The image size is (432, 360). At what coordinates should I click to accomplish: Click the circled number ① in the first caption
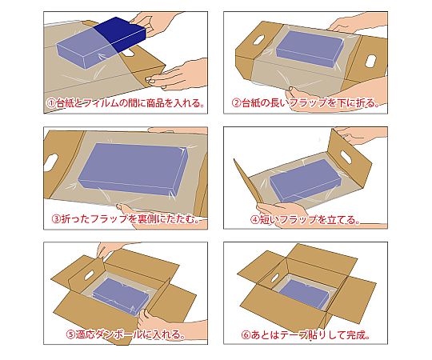coord(51,103)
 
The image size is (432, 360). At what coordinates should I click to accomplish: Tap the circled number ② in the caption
coord(237,103)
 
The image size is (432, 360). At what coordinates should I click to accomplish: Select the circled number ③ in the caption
coord(56,218)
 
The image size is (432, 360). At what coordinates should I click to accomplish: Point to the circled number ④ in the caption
coord(255,219)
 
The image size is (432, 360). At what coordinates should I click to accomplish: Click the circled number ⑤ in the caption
coord(71,334)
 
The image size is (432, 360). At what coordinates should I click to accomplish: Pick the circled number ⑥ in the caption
coord(246,335)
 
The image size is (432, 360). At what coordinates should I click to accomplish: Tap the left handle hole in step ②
coord(258,40)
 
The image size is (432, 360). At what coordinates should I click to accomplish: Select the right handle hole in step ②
coord(370,61)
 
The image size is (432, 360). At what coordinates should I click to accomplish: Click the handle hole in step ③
coord(51,162)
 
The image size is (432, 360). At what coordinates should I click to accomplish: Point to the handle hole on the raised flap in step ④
coord(346,157)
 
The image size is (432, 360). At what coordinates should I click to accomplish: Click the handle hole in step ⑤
coord(89,275)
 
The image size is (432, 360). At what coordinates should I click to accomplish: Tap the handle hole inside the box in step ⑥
coord(275,278)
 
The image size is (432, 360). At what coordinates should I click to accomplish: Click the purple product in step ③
coord(133,169)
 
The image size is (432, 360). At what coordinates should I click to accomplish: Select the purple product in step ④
coord(306,180)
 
